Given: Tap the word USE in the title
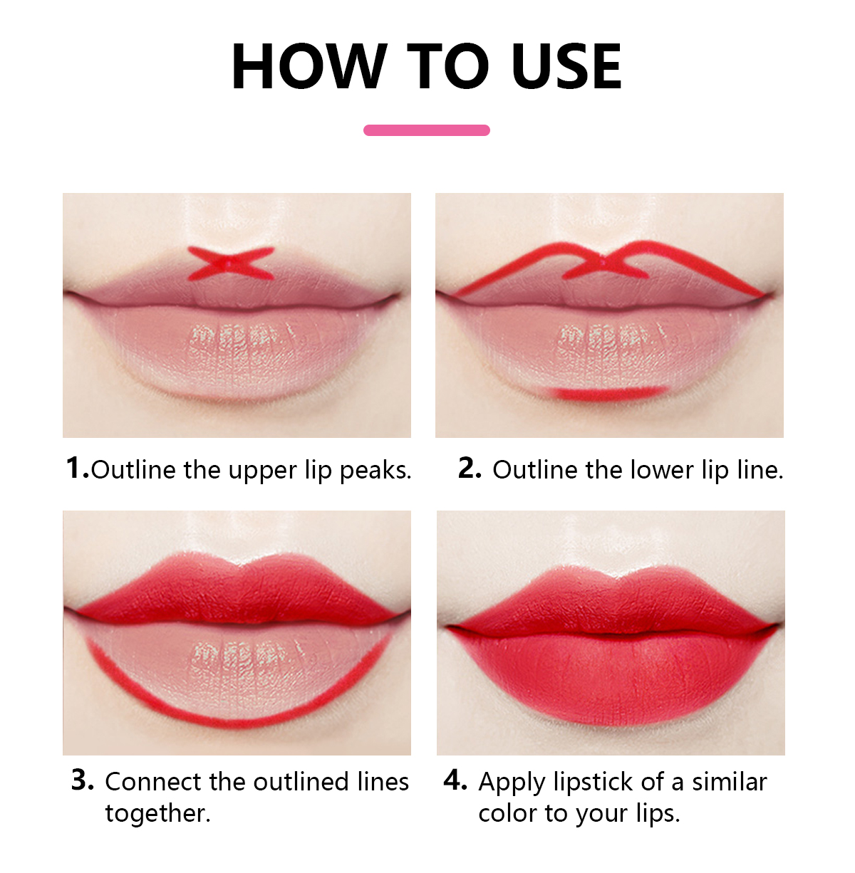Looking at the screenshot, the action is tap(566, 66).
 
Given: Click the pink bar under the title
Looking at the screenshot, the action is tap(427, 130).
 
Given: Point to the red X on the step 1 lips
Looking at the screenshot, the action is tap(231, 263).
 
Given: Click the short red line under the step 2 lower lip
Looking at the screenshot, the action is tap(608, 394).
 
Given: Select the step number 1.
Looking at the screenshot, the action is tap(77, 467).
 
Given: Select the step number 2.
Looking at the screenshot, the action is tap(470, 468).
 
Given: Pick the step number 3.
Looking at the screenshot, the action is tap(82, 780).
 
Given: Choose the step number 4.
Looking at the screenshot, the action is tap(455, 780).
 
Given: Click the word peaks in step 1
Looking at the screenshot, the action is tap(375, 471).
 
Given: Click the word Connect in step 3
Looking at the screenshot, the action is tap(154, 782).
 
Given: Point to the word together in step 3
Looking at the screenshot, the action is tap(157, 814).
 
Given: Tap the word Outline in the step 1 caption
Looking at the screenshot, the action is tap(134, 469).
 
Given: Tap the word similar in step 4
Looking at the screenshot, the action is tap(730, 782).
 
